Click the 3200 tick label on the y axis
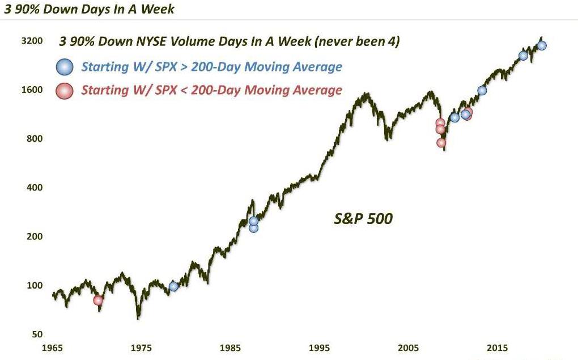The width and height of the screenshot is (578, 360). (x=34, y=41)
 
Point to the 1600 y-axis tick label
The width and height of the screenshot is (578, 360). (x=34, y=90)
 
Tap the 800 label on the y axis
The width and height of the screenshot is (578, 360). (x=36, y=139)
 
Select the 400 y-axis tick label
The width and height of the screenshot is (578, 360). (x=36, y=188)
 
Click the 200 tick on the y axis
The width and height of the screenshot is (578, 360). (x=36, y=236)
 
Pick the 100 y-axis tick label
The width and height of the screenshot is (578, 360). (x=36, y=285)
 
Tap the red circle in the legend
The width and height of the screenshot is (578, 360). (x=65, y=91)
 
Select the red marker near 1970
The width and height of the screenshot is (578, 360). (x=98, y=300)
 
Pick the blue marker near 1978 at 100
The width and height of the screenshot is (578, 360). (x=173, y=286)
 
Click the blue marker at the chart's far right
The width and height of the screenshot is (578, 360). (x=542, y=46)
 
